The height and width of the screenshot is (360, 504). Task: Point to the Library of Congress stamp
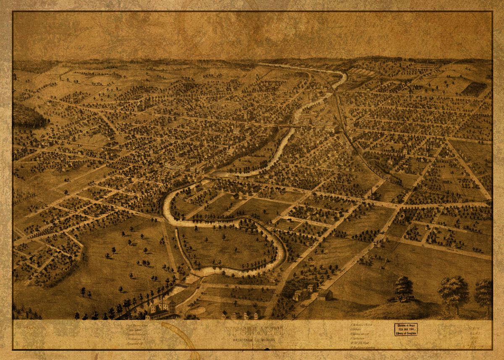tap(405, 329)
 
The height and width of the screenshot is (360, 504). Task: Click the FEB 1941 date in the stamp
tap(405, 329)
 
